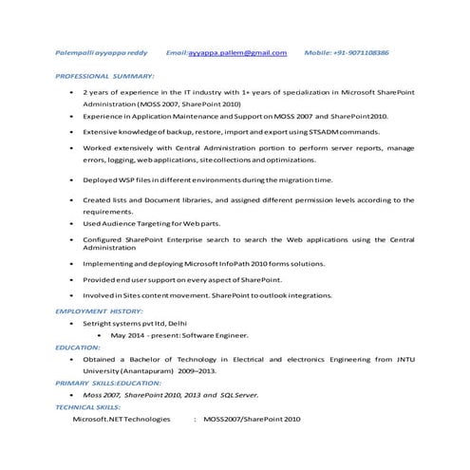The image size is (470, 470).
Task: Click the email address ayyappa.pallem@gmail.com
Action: point(236,53)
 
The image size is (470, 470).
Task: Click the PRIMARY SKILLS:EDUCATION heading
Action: point(106,383)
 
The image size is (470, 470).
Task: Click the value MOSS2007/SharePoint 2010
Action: point(252,419)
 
